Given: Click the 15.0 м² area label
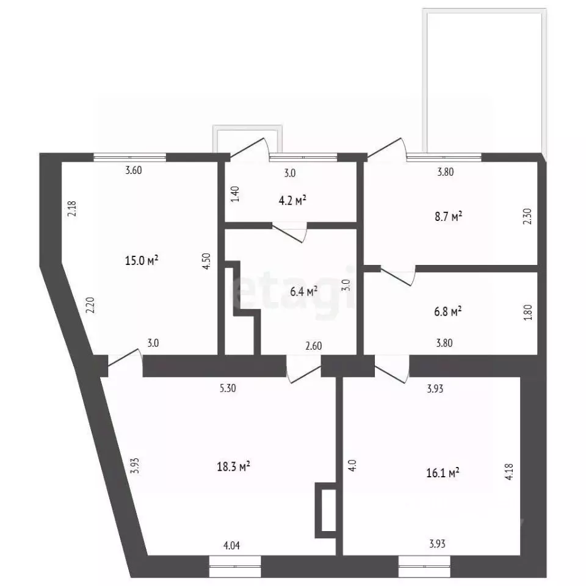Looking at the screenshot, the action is click(142, 260).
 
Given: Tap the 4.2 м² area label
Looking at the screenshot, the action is click(292, 201).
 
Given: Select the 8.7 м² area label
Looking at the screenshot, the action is click(449, 216).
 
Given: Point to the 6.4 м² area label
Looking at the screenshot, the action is click(304, 292).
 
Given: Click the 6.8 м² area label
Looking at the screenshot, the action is click(447, 311).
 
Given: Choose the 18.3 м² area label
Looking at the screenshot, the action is click(234, 466).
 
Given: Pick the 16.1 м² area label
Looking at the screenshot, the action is click(443, 473).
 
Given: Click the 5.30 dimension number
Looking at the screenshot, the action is click(228, 388).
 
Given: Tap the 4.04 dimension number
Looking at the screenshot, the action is click(231, 546).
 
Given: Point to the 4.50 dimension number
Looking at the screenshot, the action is click(207, 261).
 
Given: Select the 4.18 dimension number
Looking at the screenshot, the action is click(509, 472).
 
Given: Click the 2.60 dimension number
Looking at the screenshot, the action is click(314, 346).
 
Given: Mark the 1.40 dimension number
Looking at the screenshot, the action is click(235, 194).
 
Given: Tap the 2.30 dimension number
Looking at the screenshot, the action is click(527, 216).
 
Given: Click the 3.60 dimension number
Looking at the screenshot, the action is click(134, 170).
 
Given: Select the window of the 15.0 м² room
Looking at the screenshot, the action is click(129, 157).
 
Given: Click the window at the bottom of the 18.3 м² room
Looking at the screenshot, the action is click(235, 566).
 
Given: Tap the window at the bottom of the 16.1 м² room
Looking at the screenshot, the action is click(424, 566).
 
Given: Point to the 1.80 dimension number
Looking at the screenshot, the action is click(527, 313).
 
